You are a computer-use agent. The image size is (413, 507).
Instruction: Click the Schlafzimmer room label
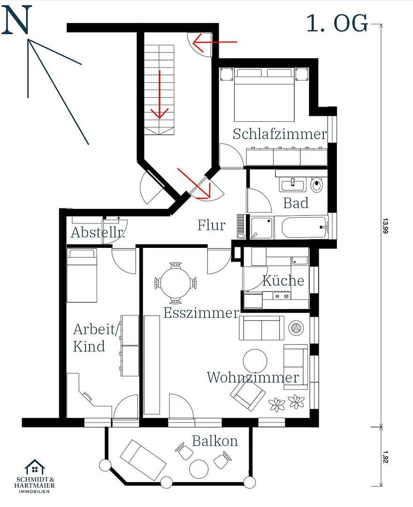pyautogui.click(x=280, y=134)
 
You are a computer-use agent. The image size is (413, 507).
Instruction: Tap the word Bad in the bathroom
pyautogui.click(x=296, y=203)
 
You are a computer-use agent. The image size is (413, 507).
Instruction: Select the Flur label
pyautogui.click(x=211, y=225)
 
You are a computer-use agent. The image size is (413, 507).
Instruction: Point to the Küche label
pyautogui.click(x=283, y=281)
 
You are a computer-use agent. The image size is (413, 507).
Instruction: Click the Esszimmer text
pyautogui.click(x=201, y=313)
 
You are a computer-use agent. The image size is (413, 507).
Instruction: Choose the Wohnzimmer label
pyautogui.click(x=252, y=377)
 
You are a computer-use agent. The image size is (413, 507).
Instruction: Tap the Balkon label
pyautogui.click(x=214, y=441)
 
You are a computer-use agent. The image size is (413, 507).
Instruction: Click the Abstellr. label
pyautogui.click(x=98, y=232)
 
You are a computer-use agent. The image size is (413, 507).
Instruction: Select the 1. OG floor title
pyautogui.click(x=337, y=23)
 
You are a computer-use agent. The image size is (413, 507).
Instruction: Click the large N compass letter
pyautogui.click(x=16, y=21)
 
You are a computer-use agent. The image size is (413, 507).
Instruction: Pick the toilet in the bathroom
pyautogui.click(x=317, y=185)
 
